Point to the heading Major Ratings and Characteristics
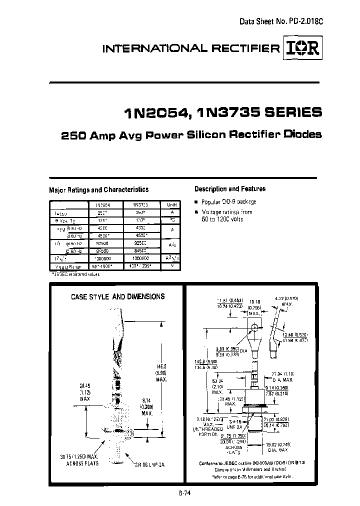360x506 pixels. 98,190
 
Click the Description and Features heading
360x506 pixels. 229,189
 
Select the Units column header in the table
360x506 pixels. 172,205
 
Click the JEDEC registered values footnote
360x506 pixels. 76,274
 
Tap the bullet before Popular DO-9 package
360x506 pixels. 196,202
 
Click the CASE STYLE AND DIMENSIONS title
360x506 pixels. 117,296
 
